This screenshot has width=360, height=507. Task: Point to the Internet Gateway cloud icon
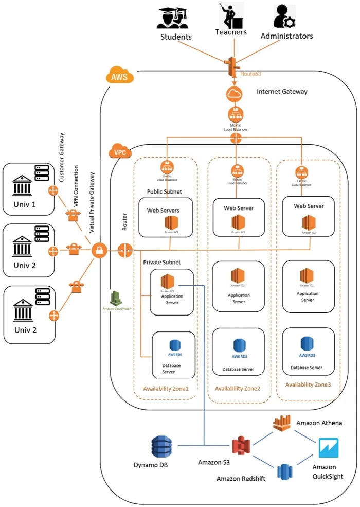pos(236,94)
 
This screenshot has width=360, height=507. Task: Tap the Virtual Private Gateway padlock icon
pos(99,251)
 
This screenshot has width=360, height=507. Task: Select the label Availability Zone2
pos(238,388)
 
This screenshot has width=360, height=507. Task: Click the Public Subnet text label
pos(164,190)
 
